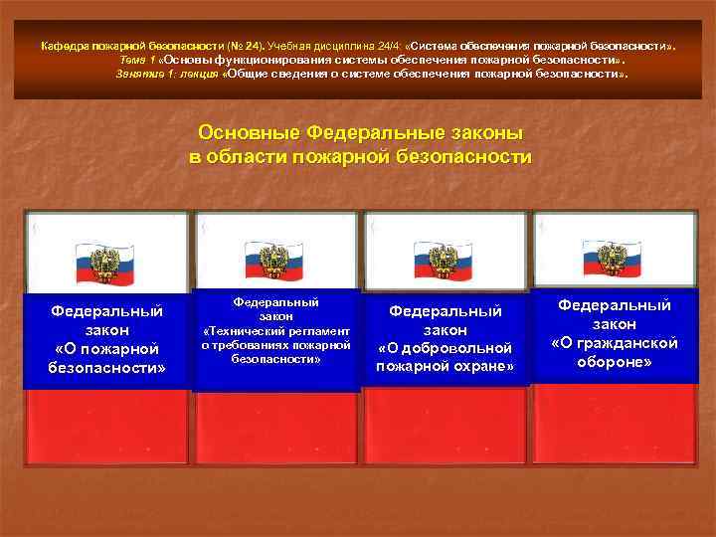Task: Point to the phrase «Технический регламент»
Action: tap(275, 330)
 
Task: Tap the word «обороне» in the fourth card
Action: tap(614, 361)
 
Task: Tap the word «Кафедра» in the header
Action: tap(62, 45)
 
